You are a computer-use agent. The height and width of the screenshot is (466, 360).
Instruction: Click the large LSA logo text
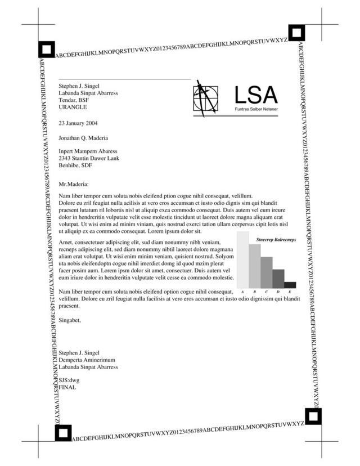256,95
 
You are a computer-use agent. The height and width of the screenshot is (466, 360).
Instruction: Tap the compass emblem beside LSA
205,98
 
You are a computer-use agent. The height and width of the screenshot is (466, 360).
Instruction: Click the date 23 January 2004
78,122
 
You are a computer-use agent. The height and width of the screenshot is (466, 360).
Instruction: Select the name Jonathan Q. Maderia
83,137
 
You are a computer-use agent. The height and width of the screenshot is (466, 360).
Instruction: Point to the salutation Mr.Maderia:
74,184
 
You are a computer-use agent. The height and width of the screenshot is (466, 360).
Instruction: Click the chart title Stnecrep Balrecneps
276,240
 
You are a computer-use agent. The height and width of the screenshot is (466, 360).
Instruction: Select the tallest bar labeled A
242,259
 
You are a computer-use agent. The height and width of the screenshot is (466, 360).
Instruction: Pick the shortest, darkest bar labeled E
290,285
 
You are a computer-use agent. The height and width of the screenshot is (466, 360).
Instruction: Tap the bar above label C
266,272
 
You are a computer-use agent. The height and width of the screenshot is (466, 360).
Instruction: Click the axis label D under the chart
278,292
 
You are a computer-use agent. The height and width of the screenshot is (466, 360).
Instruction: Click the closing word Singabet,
70,320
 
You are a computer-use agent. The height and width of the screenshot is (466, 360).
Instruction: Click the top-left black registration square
46,50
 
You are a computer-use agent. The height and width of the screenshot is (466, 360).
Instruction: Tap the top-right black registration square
296,33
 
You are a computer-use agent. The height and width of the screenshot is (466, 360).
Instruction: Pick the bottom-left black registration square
63,433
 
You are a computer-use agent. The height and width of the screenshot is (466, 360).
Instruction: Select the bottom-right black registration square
313,416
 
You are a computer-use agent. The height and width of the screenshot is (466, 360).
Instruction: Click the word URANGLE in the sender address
73,107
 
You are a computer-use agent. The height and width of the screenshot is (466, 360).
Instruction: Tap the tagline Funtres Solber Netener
256,108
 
